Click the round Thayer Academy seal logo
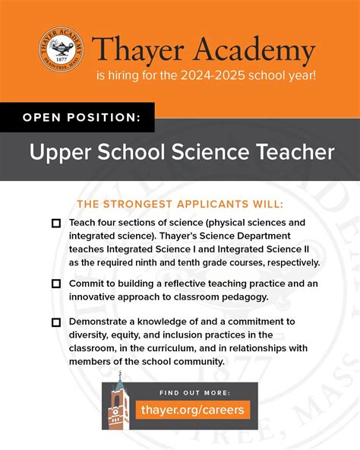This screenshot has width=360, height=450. pos(62,51)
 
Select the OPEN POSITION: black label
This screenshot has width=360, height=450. pos(77,118)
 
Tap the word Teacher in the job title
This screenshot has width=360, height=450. pos(294,152)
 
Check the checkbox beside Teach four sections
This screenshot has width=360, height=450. pos(55,223)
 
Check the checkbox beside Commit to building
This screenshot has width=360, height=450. pos(55,284)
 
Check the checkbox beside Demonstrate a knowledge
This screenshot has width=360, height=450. pos(55,322)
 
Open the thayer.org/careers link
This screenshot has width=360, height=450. pos(192,410)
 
